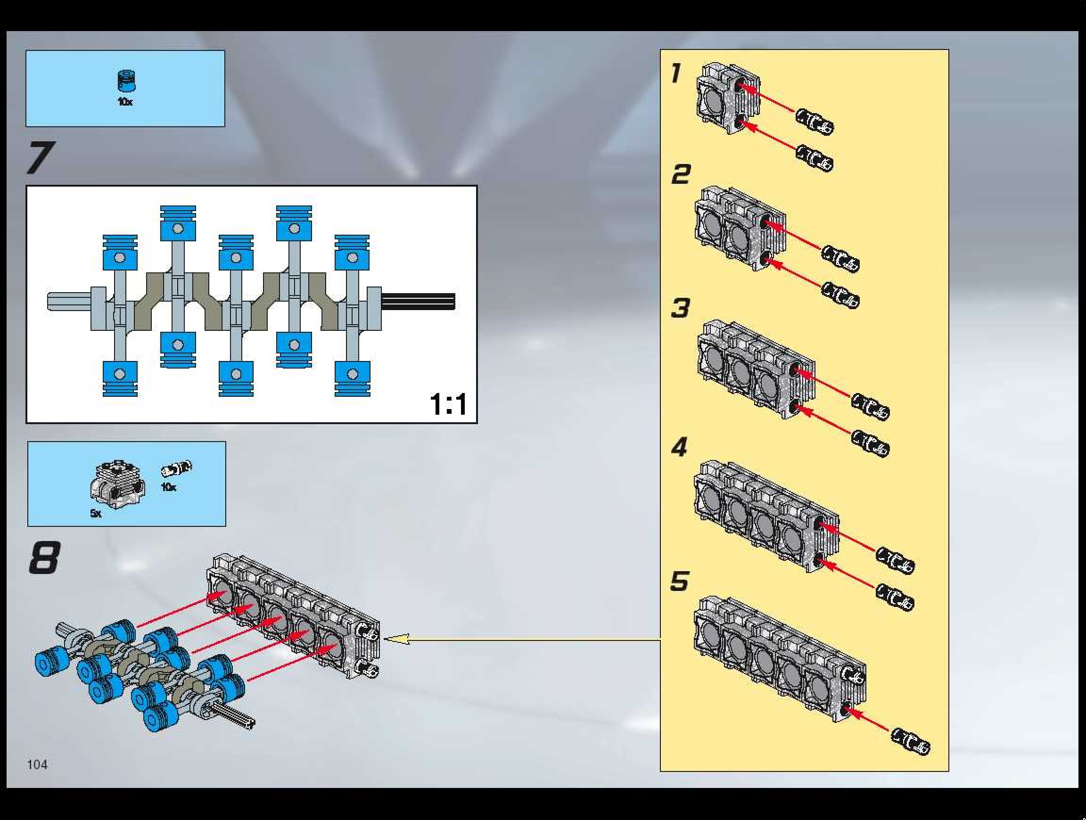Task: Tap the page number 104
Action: pos(37,764)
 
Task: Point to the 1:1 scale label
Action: pos(448,404)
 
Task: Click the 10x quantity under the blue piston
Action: pos(125,102)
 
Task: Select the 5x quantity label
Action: pos(96,513)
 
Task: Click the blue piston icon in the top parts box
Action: pos(126,81)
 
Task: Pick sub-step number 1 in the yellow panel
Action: pos(676,74)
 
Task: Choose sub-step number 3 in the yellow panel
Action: pos(681,308)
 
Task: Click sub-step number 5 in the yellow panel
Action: pos(680,581)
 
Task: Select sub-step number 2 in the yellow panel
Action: pos(681,175)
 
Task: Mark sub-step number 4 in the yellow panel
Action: pos(680,447)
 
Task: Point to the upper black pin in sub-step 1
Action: pos(814,122)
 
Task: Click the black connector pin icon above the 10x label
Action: pos(177,469)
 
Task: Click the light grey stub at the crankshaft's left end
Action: pos(69,301)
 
